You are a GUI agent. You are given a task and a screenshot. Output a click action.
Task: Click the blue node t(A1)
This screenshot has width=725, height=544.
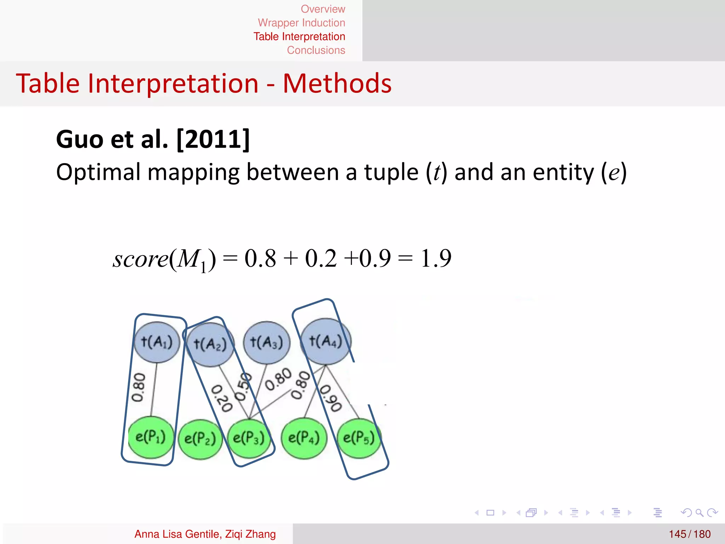pyautogui.click(x=157, y=342)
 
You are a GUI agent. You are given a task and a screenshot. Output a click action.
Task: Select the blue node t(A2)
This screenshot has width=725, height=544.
pyautogui.click(x=210, y=344)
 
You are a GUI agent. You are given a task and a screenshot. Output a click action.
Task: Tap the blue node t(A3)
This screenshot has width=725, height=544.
pyautogui.click(x=267, y=342)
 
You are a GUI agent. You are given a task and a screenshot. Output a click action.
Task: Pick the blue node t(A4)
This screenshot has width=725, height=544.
pyautogui.click(x=326, y=341)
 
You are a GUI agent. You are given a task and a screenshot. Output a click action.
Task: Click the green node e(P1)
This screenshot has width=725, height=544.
pyautogui.click(x=151, y=437)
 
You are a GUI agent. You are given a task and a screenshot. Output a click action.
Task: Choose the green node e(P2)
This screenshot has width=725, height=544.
pyautogui.click(x=200, y=439)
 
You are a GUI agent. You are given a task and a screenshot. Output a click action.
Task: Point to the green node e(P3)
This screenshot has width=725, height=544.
pyautogui.click(x=249, y=438)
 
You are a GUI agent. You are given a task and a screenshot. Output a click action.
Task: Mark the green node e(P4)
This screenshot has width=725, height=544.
pyautogui.click(x=304, y=438)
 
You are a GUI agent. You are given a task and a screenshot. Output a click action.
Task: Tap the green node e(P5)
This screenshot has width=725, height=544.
pyautogui.click(x=359, y=438)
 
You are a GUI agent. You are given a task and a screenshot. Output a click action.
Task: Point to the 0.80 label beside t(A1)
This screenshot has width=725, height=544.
pyautogui.click(x=138, y=387)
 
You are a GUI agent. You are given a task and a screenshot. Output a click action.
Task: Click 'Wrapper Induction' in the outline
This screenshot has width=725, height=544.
pyautogui.click(x=301, y=23)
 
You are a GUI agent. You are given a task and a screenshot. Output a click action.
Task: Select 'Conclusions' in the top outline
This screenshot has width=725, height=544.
pyautogui.click(x=316, y=50)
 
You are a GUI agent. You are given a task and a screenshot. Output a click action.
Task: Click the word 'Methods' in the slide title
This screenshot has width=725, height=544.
pyautogui.click(x=337, y=84)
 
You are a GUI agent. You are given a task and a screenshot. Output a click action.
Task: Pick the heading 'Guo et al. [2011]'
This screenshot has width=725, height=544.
pyautogui.click(x=153, y=139)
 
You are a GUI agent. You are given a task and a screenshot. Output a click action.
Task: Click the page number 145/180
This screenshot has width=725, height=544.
pyautogui.click(x=690, y=534)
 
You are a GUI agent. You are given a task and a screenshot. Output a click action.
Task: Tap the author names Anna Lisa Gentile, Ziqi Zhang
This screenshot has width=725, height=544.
pyautogui.click(x=205, y=534)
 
